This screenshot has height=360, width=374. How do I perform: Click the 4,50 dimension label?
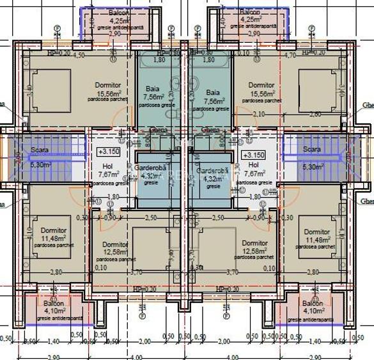click(79, 56)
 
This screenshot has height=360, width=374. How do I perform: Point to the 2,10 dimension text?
click(258, 114)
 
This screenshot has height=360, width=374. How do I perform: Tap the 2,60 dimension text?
click(315, 114)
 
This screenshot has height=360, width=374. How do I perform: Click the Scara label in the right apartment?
click(312, 150)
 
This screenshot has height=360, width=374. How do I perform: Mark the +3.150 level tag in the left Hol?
click(109, 153)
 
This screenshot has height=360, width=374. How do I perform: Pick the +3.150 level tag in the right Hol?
click(254, 155)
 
